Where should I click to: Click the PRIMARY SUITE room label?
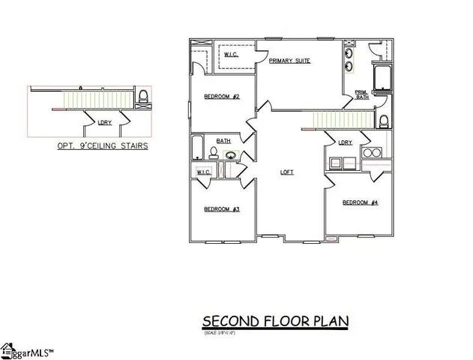tap(289, 61)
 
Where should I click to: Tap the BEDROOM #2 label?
tap(222, 97)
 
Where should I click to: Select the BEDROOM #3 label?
tap(221, 209)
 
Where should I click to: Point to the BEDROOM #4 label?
tap(360, 202)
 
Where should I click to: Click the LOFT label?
tap(287, 172)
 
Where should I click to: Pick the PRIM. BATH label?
tap(362, 94)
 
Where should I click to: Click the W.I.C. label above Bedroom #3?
tap(203, 172)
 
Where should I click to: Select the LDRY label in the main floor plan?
tap(345, 142)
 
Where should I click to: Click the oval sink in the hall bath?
tap(232, 156)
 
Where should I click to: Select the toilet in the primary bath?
tap(384, 121)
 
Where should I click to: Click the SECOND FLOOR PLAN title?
tap(275, 322)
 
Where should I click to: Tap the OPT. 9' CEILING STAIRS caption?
tap(103, 147)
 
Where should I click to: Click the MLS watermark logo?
tap(30, 349)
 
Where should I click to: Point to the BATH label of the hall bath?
tap(223, 141)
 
